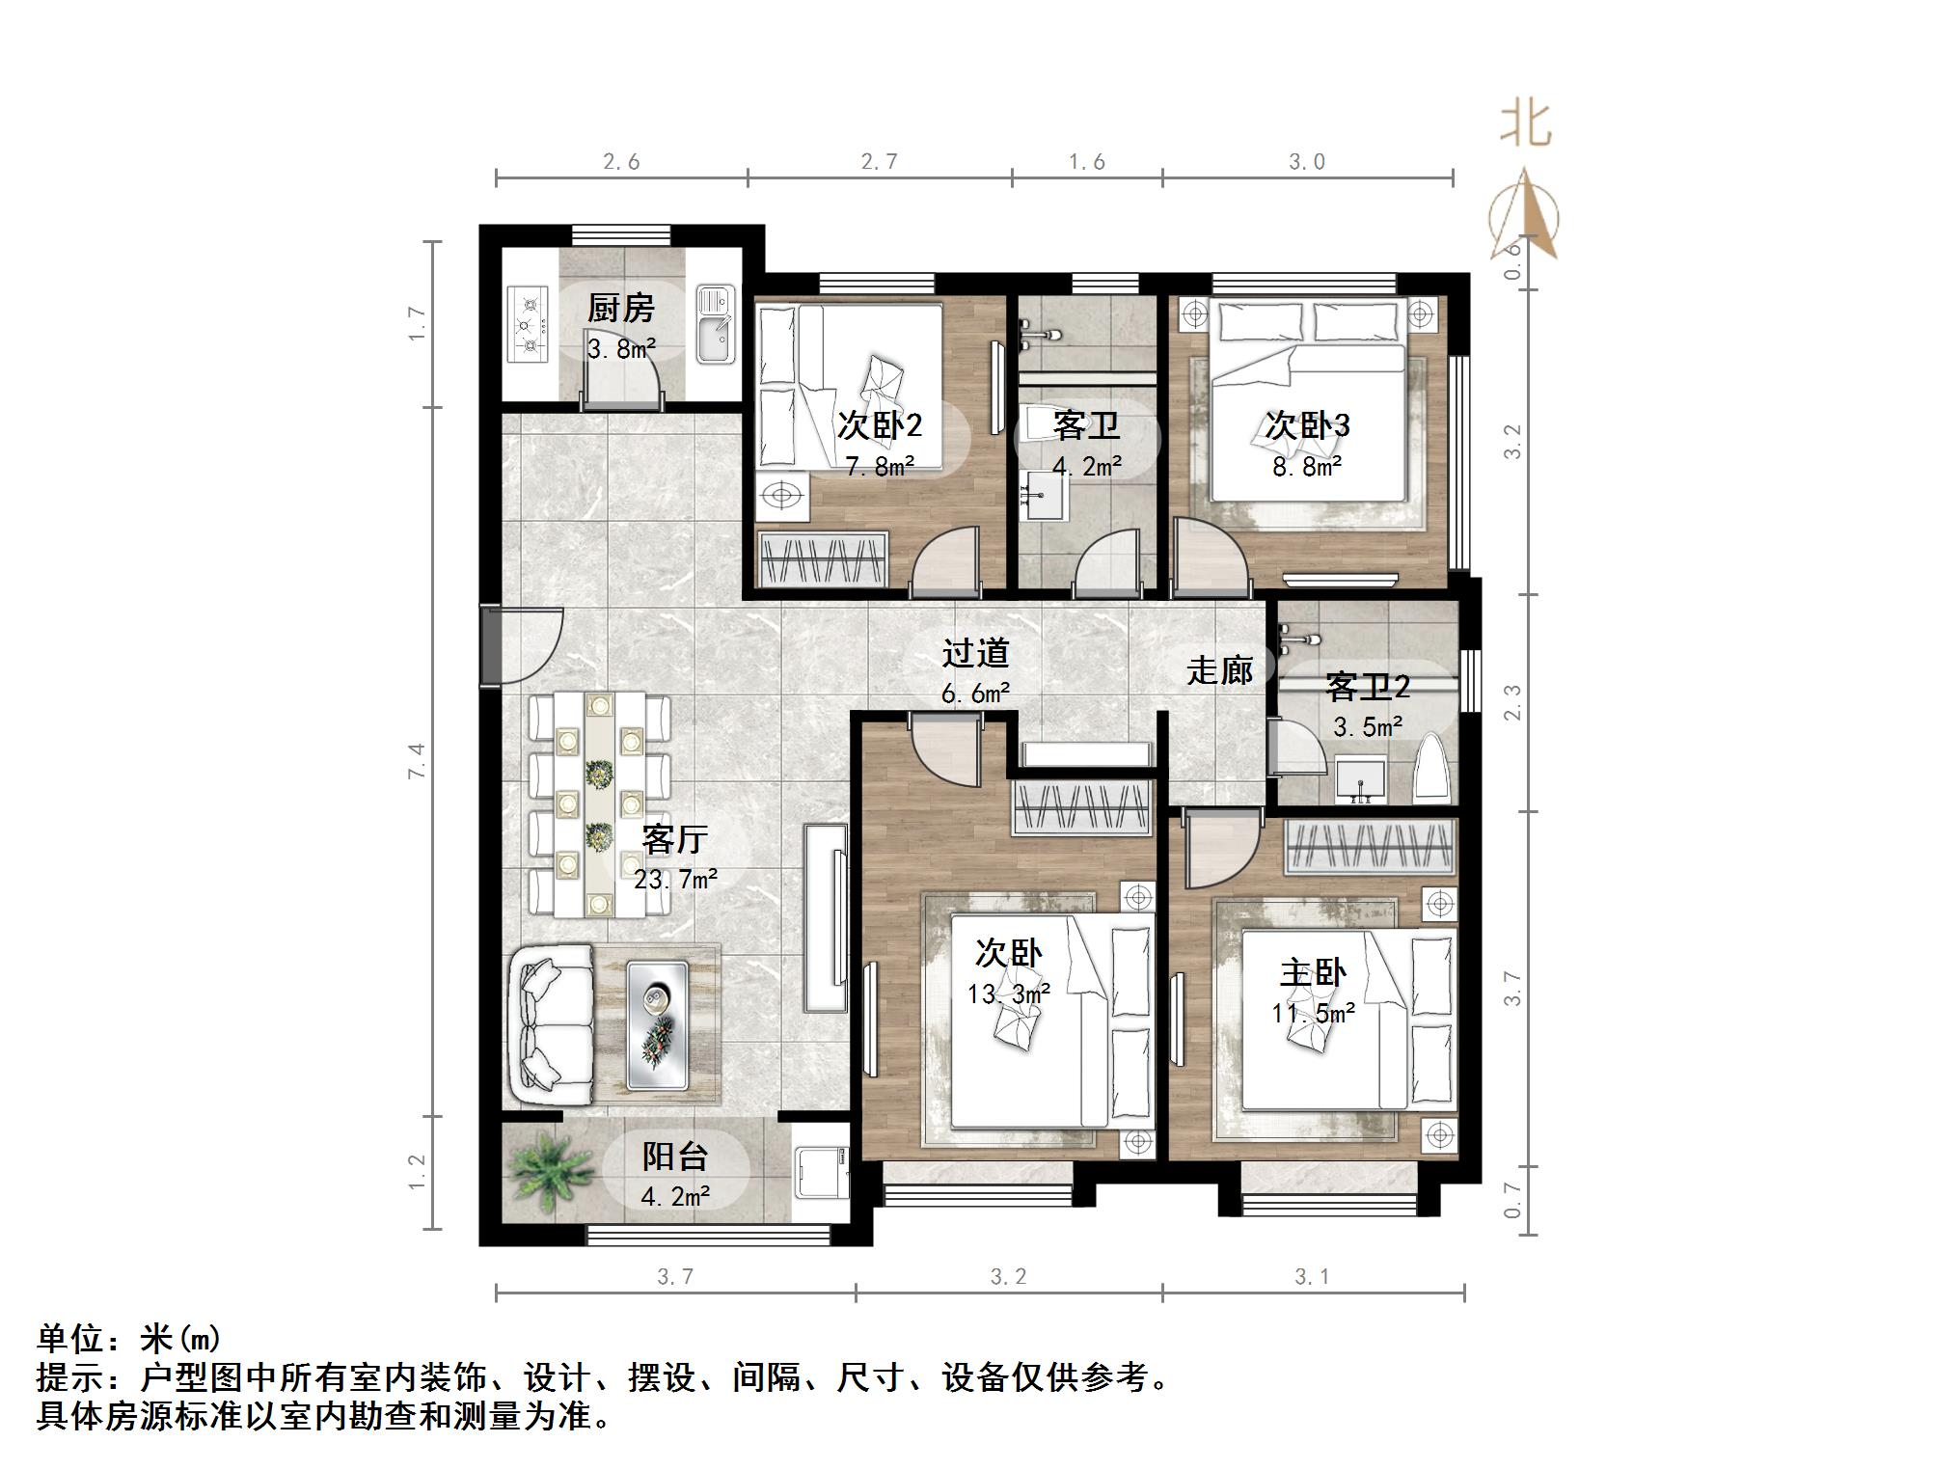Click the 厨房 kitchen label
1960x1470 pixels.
pyautogui.click(x=620, y=309)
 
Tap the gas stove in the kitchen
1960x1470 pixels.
pyautogui.click(x=527, y=324)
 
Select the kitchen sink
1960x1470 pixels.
pyautogui.click(x=715, y=325)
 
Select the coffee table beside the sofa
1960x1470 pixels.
pyautogui.click(x=657, y=1025)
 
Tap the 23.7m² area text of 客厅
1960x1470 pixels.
pyautogui.click(x=675, y=879)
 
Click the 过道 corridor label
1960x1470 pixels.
pyautogui.click(x=975, y=653)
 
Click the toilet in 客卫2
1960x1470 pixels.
pyautogui.click(x=1432, y=772)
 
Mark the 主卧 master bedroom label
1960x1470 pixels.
pyautogui.click(x=1313, y=972)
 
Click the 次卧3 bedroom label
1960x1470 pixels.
pyautogui.click(x=1307, y=425)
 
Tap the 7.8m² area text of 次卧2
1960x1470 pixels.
pyautogui.click(x=880, y=468)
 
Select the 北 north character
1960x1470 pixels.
pyautogui.click(x=1525, y=123)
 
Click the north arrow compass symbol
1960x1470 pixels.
pyautogui.click(x=1524, y=218)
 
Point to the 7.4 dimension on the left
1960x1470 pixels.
pyautogui.click(x=417, y=761)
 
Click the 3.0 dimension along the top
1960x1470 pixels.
pyautogui.click(x=1307, y=162)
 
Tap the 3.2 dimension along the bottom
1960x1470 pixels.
pyautogui.click(x=1008, y=1277)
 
